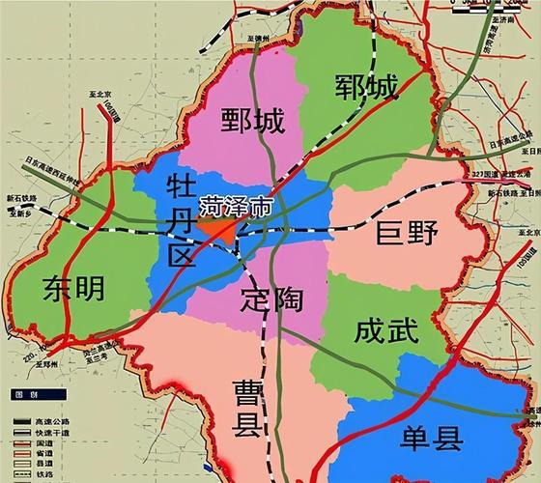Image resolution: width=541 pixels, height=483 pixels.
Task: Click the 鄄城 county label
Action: (x=252, y=122)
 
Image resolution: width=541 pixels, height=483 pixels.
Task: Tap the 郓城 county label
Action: (x=367, y=88)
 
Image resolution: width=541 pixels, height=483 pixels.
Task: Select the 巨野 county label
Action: (x=407, y=233)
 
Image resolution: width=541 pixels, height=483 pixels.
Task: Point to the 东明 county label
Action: (x=72, y=287)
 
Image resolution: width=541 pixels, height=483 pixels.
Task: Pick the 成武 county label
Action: (x=385, y=332)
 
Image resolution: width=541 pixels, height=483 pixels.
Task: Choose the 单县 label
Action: (x=432, y=441)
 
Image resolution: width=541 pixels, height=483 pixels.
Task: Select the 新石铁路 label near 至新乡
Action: (x=21, y=199)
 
